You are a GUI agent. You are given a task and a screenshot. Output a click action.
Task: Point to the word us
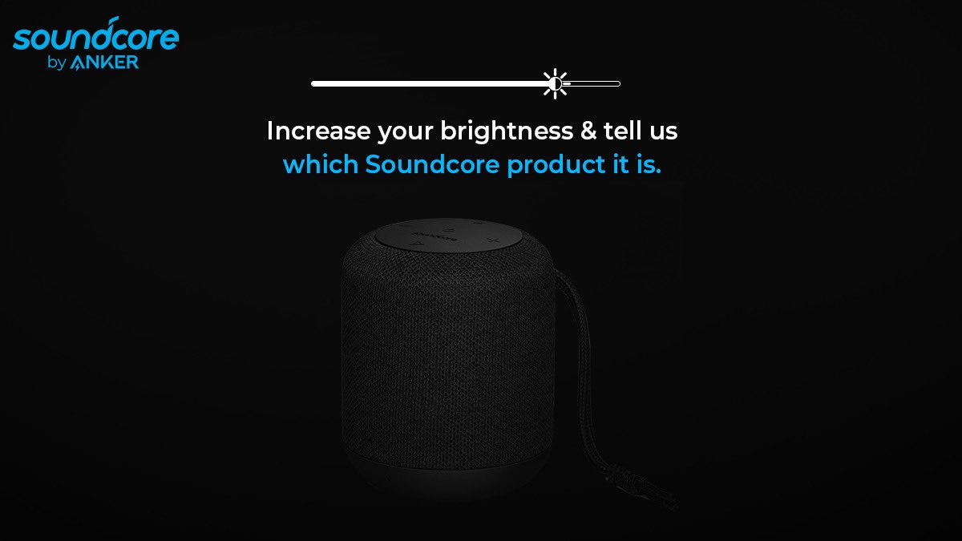pos(663,131)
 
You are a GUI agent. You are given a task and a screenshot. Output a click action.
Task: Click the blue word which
pos(321,165)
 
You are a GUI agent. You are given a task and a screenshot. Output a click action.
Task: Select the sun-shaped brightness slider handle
pos(555,83)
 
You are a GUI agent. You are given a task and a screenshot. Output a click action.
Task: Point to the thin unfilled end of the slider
pos(593,83)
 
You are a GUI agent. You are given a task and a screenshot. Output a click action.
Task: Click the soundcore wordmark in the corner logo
pos(96,37)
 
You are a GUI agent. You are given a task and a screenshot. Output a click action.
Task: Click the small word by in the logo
pos(56,63)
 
